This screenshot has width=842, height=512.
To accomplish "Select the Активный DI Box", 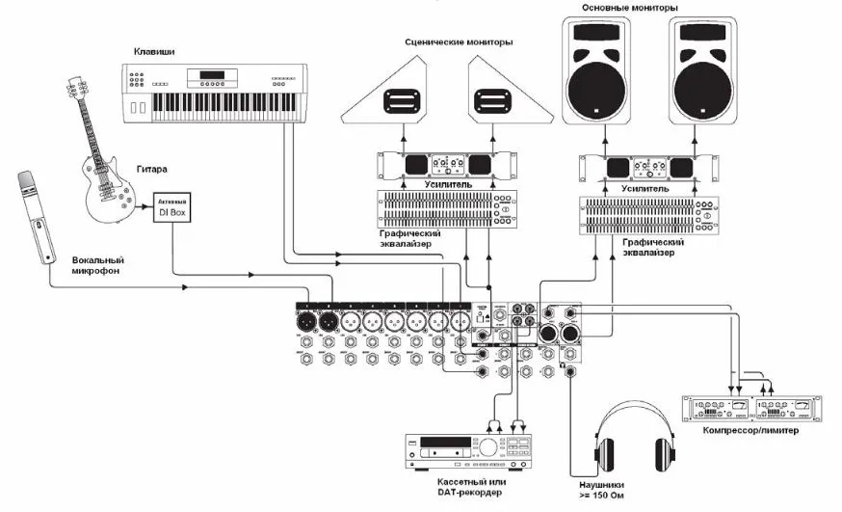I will pyautogui.click(x=172, y=205).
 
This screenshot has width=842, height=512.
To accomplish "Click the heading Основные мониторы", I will pyautogui.click(x=630, y=8).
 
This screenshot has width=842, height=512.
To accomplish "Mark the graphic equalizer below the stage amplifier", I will pyautogui.click(x=445, y=208).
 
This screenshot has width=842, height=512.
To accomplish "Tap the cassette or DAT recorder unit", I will pyautogui.click(x=468, y=447).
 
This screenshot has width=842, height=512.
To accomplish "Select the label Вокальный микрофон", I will pyautogui.click(x=99, y=266).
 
